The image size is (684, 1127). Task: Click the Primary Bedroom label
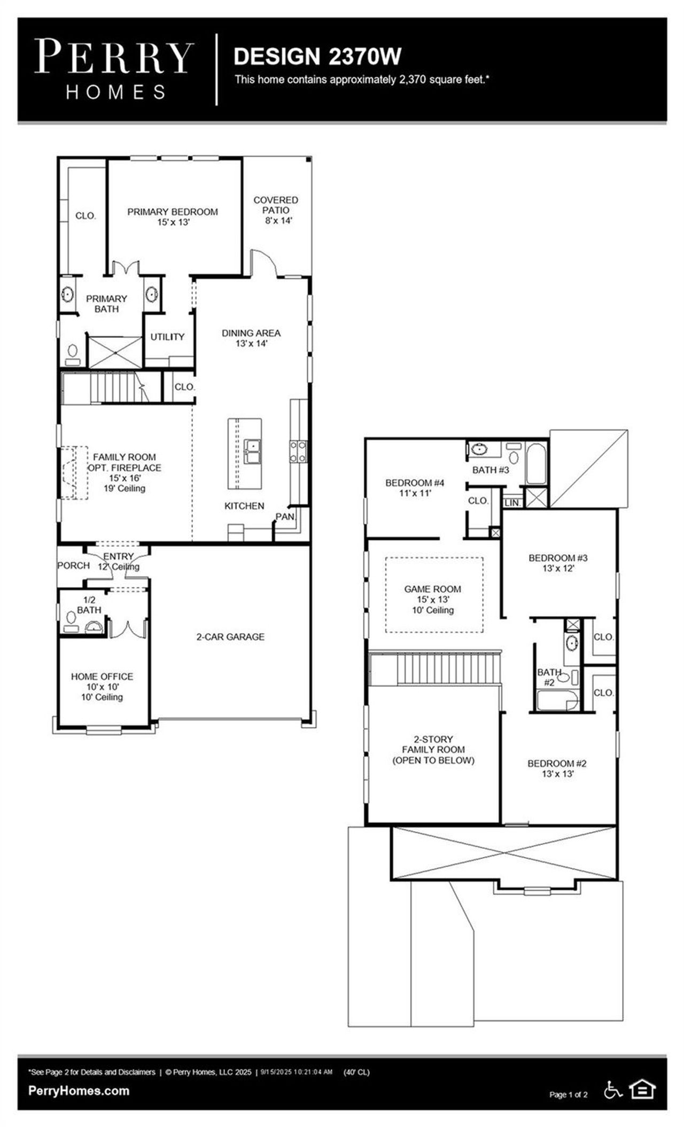[x=172, y=216]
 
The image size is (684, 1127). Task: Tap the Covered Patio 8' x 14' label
[x=276, y=209]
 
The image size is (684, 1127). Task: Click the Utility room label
[x=167, y=337]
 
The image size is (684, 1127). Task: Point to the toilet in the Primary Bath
[x=72, y=353]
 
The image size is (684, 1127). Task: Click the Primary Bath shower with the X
[x=115, y=352]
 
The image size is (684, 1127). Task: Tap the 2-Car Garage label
[x=230, y=636]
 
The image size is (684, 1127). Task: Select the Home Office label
[x=102, y=686]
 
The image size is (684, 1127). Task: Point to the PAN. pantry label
[x=285, y=517]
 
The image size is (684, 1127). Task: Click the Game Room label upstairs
[x=432, y=599]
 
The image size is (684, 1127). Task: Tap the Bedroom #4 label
[x=415, y=487]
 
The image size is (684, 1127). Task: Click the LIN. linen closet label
[x=511, y=503]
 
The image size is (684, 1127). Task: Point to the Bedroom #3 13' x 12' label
[x=558, y=563]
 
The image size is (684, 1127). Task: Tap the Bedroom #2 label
[x=557, y=768]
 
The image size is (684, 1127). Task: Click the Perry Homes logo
[x=113, y=69]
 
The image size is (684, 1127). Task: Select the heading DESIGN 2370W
[x=317, y=57]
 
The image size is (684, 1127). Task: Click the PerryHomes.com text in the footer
[x=79, y=1091]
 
